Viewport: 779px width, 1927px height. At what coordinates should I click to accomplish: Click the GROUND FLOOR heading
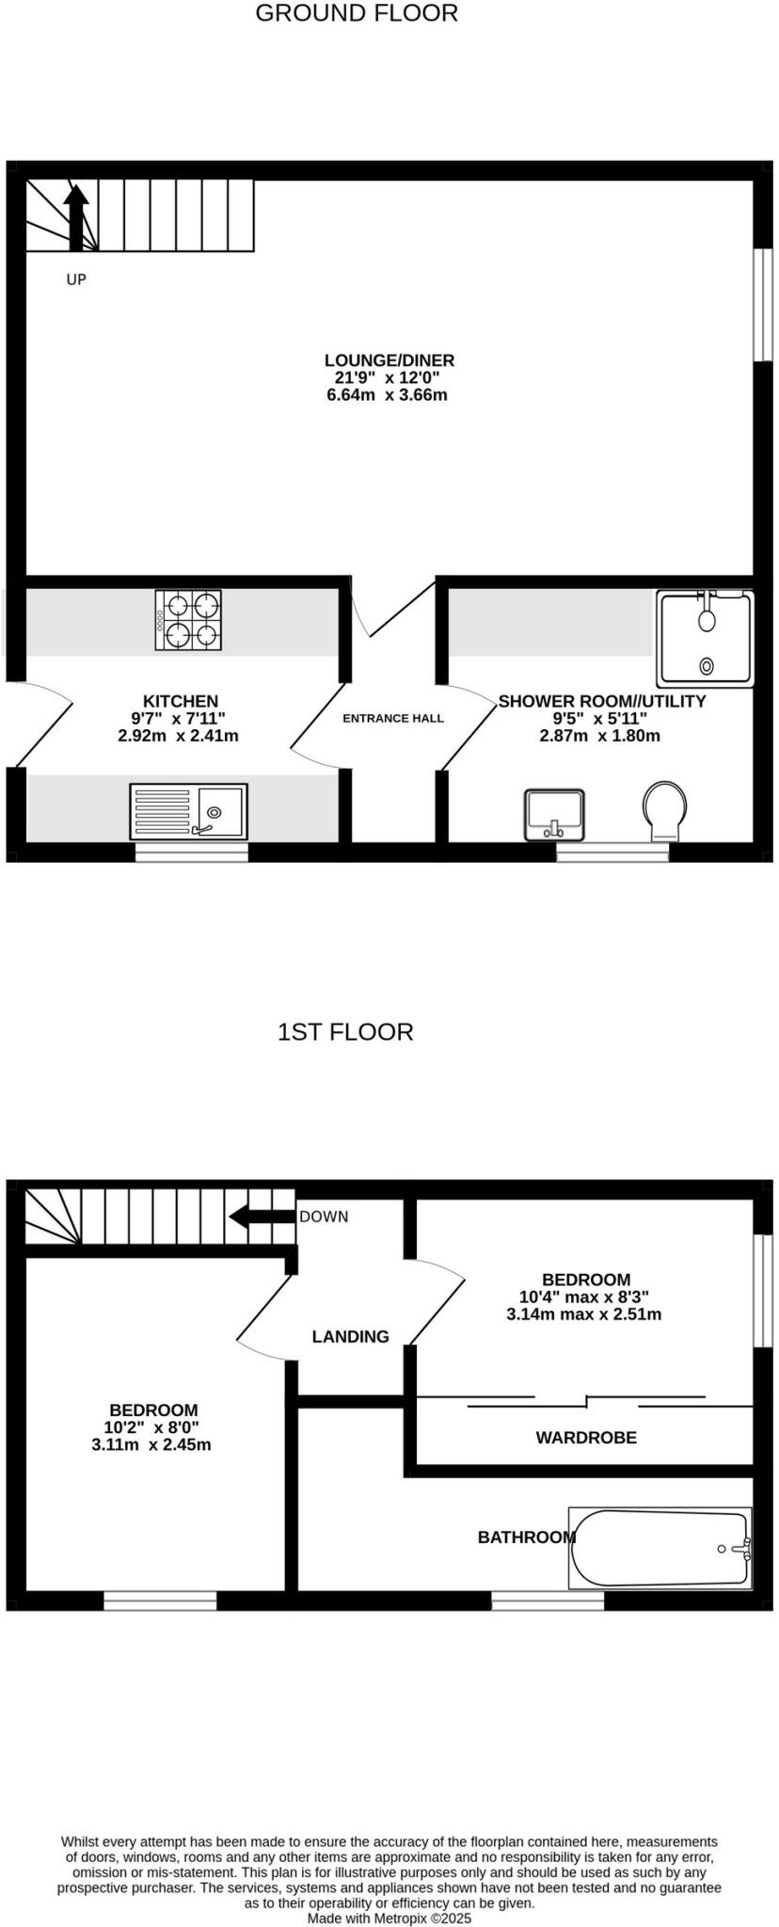357,13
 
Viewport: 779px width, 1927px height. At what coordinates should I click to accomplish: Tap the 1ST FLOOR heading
345,1032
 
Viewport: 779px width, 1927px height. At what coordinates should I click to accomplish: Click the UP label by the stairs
76,279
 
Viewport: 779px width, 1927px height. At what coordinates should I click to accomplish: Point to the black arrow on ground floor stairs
75,216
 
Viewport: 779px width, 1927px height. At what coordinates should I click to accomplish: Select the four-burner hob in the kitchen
188,620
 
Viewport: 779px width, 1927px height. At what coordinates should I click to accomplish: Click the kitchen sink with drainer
188,811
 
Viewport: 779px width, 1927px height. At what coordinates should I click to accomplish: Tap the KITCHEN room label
180,701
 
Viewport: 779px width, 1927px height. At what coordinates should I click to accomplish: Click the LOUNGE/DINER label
389,360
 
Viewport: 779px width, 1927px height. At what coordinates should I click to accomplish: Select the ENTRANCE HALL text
392,719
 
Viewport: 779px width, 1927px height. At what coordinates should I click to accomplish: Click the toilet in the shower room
664,810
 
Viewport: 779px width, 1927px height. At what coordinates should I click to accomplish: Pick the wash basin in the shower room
554,814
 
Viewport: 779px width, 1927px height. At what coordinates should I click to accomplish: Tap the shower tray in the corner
706,638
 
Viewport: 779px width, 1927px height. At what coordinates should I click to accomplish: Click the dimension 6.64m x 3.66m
387,395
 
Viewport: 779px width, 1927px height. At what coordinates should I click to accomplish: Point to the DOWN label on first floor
324,1217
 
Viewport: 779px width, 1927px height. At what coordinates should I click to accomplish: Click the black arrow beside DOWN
262,1217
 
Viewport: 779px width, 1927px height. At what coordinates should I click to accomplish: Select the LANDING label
350,1336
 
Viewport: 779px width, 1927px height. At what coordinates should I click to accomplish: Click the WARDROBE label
586,1438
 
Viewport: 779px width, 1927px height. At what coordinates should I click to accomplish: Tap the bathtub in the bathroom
660,1548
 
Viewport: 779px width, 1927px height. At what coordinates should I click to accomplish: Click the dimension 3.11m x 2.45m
151,1444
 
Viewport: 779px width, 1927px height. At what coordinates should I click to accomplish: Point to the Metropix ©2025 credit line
389,1918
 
